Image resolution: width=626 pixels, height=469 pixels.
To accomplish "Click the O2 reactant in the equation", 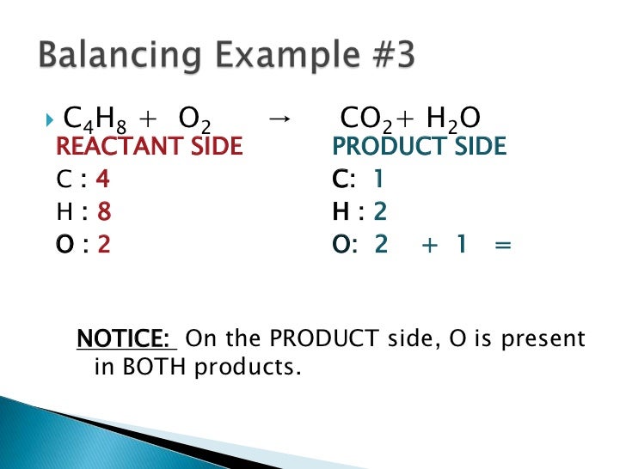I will click(x=194, y=118).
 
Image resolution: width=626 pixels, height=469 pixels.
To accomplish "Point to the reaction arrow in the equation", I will click(x=278, y=118).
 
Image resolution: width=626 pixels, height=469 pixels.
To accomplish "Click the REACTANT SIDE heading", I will click(x=149, y=147).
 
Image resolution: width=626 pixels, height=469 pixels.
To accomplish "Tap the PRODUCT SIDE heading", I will click(x=420, y=147).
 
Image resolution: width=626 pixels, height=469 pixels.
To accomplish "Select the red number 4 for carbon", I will click(x=103, y=180).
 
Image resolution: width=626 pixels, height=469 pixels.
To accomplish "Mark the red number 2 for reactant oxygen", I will click(x=104, y=245).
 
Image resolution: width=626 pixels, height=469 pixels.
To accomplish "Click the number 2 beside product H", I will click(x=381, y=212).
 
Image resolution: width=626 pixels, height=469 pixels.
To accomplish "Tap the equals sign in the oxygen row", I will click(x=503, y=246).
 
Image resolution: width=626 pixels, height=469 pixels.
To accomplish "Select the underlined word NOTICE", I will click(x=126, y=338).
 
